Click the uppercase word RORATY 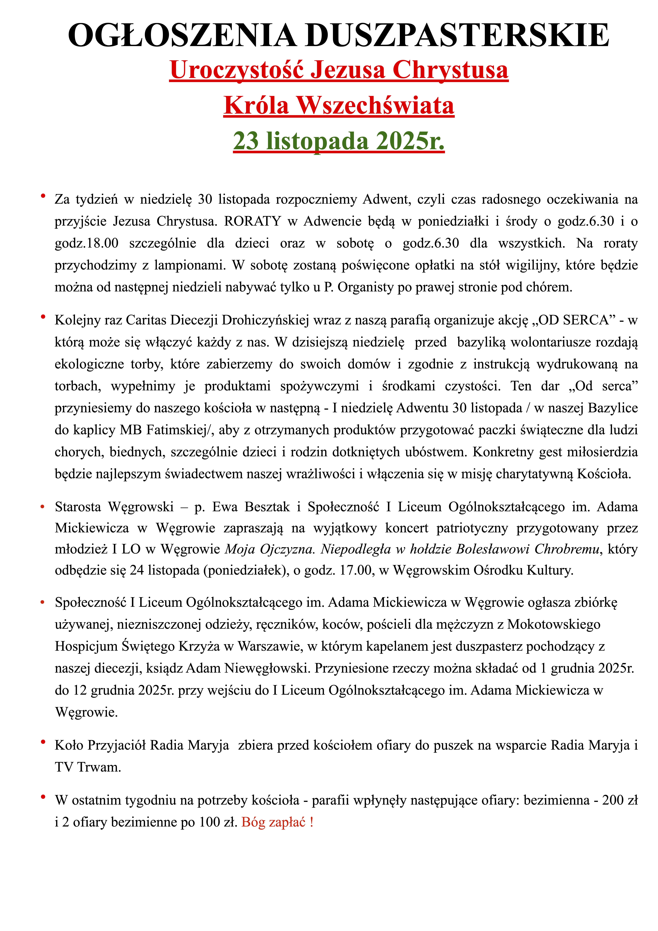[x=253, y=221]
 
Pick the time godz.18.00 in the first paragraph [x=86, y=243]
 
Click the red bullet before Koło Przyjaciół [x=43, y=742]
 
